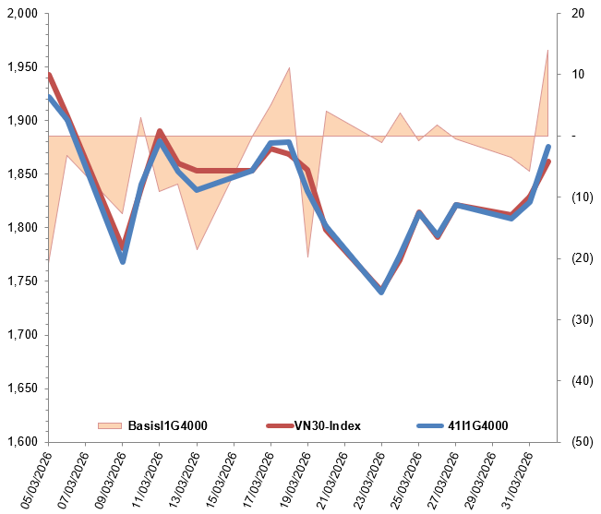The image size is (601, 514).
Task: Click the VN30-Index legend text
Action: [x=327, y=425]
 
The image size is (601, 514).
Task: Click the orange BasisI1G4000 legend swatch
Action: [x=109, y=425]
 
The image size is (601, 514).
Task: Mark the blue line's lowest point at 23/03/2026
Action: [x=381, y=292]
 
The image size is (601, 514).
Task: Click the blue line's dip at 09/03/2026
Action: [x=123, y=261]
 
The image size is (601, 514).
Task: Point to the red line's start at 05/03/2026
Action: [x=48, y=75]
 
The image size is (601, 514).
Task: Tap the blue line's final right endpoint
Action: [x=548, y=147]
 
